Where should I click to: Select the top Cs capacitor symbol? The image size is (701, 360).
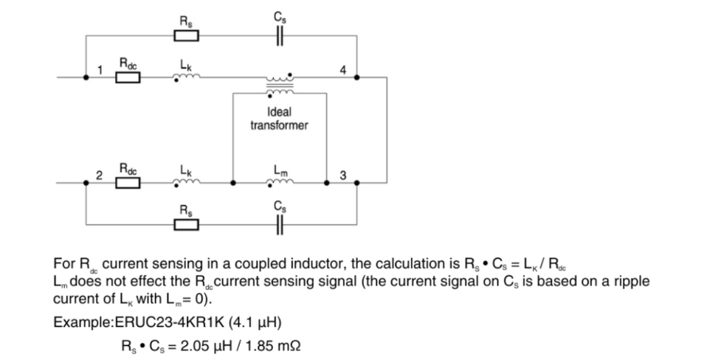click(x=278, y=35)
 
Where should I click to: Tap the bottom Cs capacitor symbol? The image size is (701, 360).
click(x=278, y=224)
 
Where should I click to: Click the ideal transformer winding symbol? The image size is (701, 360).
click(x=279, y=84)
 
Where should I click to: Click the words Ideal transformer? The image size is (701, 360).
click(x=279, y=119)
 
